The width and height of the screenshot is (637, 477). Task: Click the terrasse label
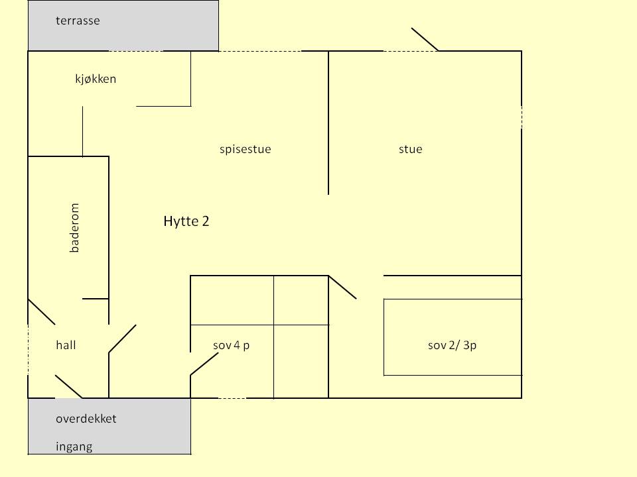78,21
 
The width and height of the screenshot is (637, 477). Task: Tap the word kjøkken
96,78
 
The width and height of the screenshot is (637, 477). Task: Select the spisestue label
245,149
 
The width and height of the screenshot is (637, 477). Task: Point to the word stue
410,149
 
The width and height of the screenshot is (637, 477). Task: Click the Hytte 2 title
186,221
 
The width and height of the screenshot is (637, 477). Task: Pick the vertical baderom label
74,228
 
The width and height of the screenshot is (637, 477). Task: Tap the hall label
66,345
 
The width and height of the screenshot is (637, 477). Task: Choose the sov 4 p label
231,345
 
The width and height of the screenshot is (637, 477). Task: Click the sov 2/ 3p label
452,345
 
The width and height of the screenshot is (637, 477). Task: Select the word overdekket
86,419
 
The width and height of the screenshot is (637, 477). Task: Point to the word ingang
74,447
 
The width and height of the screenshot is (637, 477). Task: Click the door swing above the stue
425,39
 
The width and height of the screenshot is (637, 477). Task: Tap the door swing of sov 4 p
204,364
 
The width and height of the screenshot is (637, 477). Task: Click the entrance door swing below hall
68,386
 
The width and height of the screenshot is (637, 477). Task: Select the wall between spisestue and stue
328,123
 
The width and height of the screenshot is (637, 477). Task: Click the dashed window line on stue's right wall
522,118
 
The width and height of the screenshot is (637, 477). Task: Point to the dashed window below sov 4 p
232,398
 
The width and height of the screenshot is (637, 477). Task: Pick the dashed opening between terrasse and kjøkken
136,51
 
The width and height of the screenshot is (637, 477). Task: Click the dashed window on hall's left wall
28,350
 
